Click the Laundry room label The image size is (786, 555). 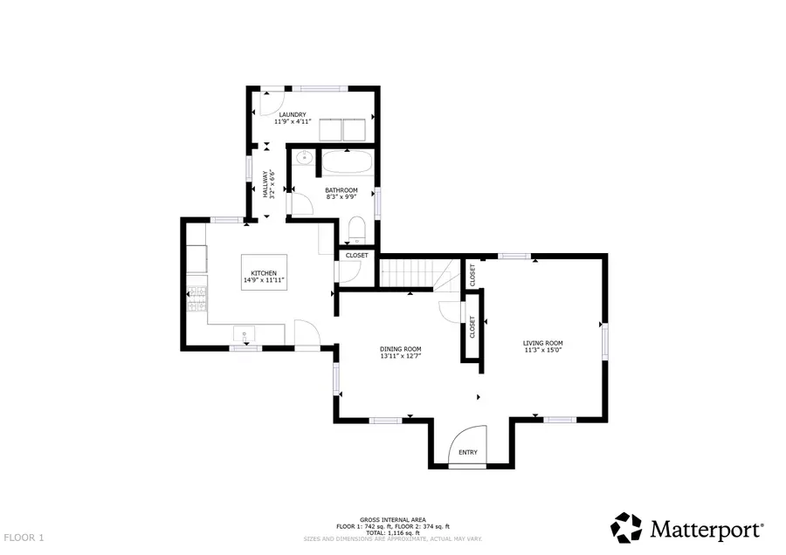[x=292, y=114]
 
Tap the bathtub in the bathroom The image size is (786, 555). [x=348, y=164]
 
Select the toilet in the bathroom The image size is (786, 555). [x=355, y=231]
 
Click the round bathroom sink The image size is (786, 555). [x=303, y=159]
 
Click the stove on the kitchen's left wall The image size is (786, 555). [x=196, y=299]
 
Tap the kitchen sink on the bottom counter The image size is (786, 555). [x=246, y=332]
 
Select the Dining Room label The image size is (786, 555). [x=400, y=348]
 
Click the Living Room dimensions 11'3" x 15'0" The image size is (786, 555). [x=542, y=351]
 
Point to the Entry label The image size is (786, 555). [x=468, y=452]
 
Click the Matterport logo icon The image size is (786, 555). [x=625, y=528]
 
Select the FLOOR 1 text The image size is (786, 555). [x=24, y=538]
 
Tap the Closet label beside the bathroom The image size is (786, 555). [x=356, y=255]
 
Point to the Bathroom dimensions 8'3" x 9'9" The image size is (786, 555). [x=341, y=198]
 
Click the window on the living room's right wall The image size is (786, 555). [x=603, y=339]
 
